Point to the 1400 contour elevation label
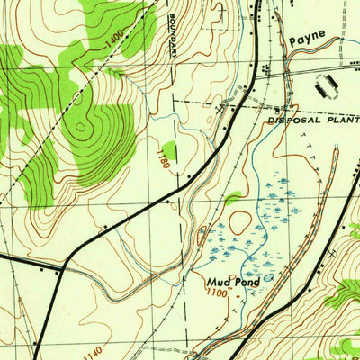click(113, 43)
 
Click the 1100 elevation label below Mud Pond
click(217, 293)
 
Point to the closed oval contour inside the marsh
click(240, 221)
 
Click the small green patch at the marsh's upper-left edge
click(232, 197)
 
